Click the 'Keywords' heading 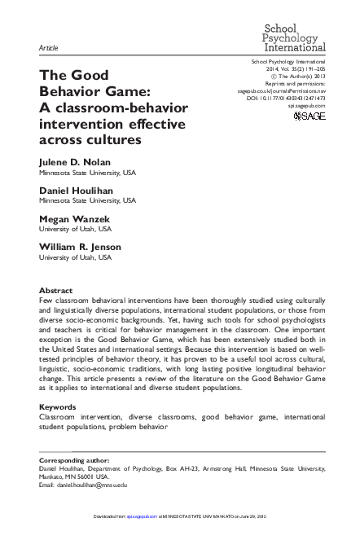[x=61, y=406]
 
